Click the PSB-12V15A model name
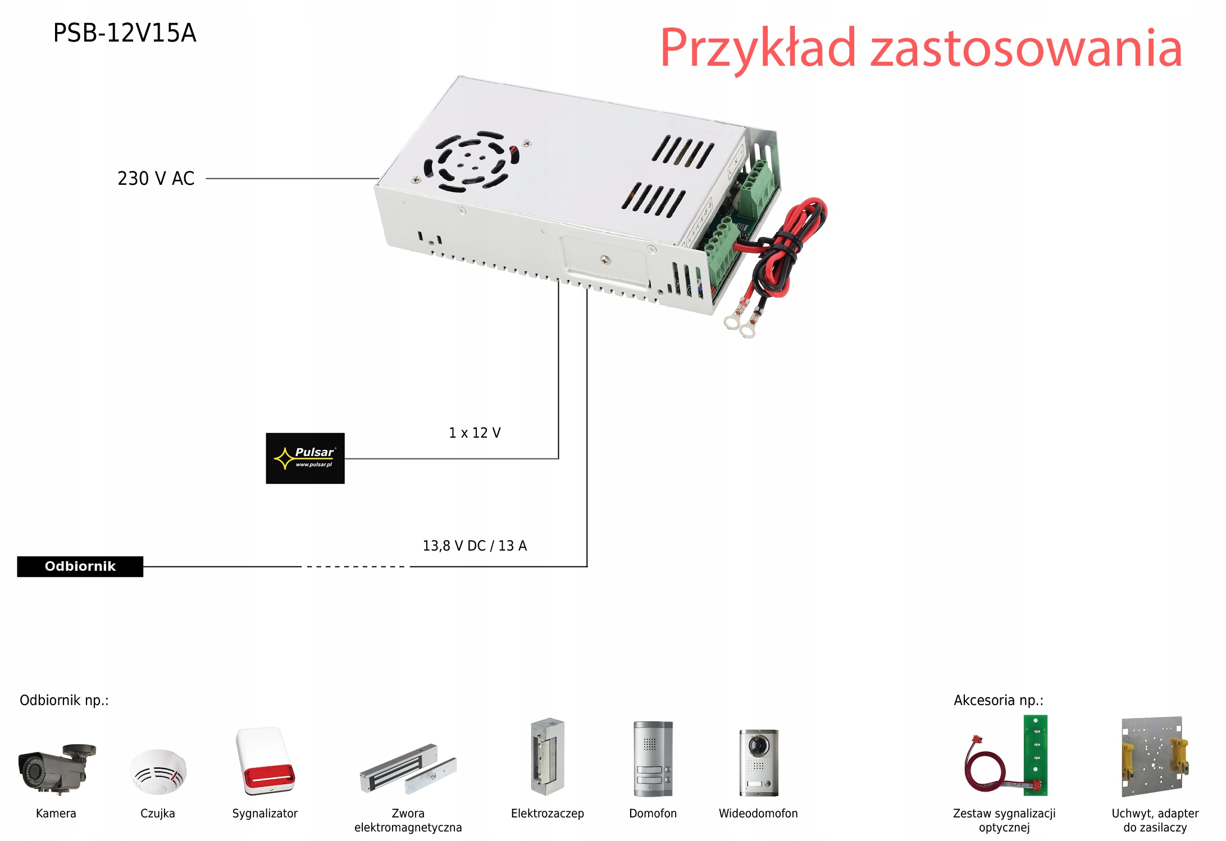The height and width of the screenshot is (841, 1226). tap(125, 33)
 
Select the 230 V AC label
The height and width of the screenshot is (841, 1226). tap(156, 179)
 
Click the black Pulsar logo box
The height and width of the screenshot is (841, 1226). tap(305, 458)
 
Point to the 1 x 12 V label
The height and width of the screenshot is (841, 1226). tap(475, 433)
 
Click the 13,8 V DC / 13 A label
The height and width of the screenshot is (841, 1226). tap(475, 545)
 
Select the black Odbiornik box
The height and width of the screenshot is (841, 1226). tap(80, 566)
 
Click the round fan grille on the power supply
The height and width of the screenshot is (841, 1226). tap(471, 162)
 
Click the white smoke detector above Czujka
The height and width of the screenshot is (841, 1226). tap(158, 771)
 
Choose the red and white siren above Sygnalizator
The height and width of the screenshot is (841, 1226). tap(266, 761)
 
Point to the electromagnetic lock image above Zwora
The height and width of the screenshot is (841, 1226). tap(408, 769)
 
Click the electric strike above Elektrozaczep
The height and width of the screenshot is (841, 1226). tap(548, 756)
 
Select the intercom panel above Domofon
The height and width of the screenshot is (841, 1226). tap(653, 758)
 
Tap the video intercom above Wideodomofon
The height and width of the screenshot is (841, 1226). tap(759, 762)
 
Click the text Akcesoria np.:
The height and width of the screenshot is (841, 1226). tap(998, 700)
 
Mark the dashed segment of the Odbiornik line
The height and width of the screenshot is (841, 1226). tap(356, 566)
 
